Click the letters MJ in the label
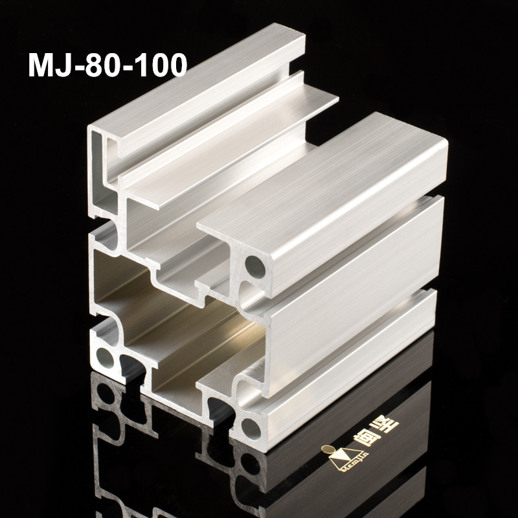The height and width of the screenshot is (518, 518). [x=49, y=65]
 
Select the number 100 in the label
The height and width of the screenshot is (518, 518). [x=159, y=65]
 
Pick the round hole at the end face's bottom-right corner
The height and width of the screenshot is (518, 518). [x=251, y=427]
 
